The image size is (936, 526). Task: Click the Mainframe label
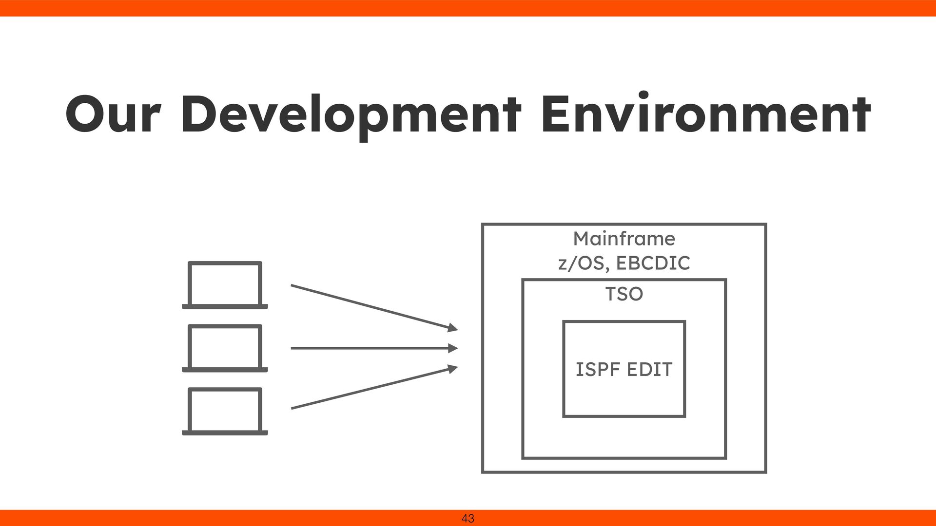pos(624,239)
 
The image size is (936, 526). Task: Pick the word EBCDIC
pos(653,263)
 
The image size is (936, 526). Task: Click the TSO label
pos(624,294)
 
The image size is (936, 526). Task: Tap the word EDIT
pos(649,370)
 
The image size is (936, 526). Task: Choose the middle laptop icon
pos(225,347)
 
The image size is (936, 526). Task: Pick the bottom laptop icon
pos(225,410)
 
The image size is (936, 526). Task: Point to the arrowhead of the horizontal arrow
pos(453,348)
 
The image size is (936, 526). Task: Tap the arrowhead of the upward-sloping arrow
pos(453,368)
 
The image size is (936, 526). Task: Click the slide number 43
pos(468,519)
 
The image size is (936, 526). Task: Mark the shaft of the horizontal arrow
pos(370,348)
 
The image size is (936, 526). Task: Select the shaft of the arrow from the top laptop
pos(370,306)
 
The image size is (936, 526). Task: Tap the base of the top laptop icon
pos(225,307)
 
